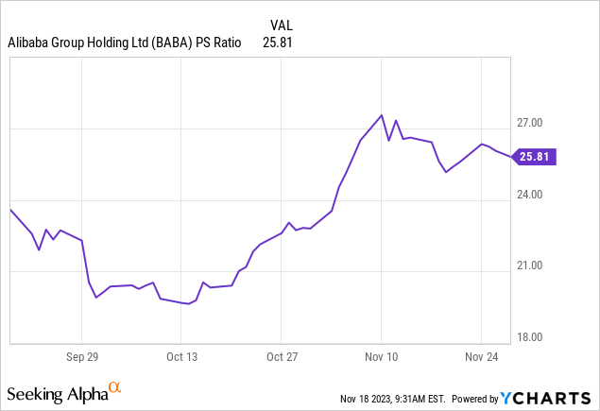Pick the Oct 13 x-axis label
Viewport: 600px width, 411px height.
(181, 358)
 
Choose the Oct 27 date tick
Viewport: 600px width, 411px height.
(282, 358)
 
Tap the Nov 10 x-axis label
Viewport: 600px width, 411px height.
(381, 358)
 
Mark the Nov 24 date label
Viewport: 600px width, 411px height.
(481, 358)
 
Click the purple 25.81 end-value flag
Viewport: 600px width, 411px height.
(536, 157)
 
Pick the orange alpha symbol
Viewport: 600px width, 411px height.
(115, 387)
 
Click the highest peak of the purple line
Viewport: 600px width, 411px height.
(381, 115)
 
